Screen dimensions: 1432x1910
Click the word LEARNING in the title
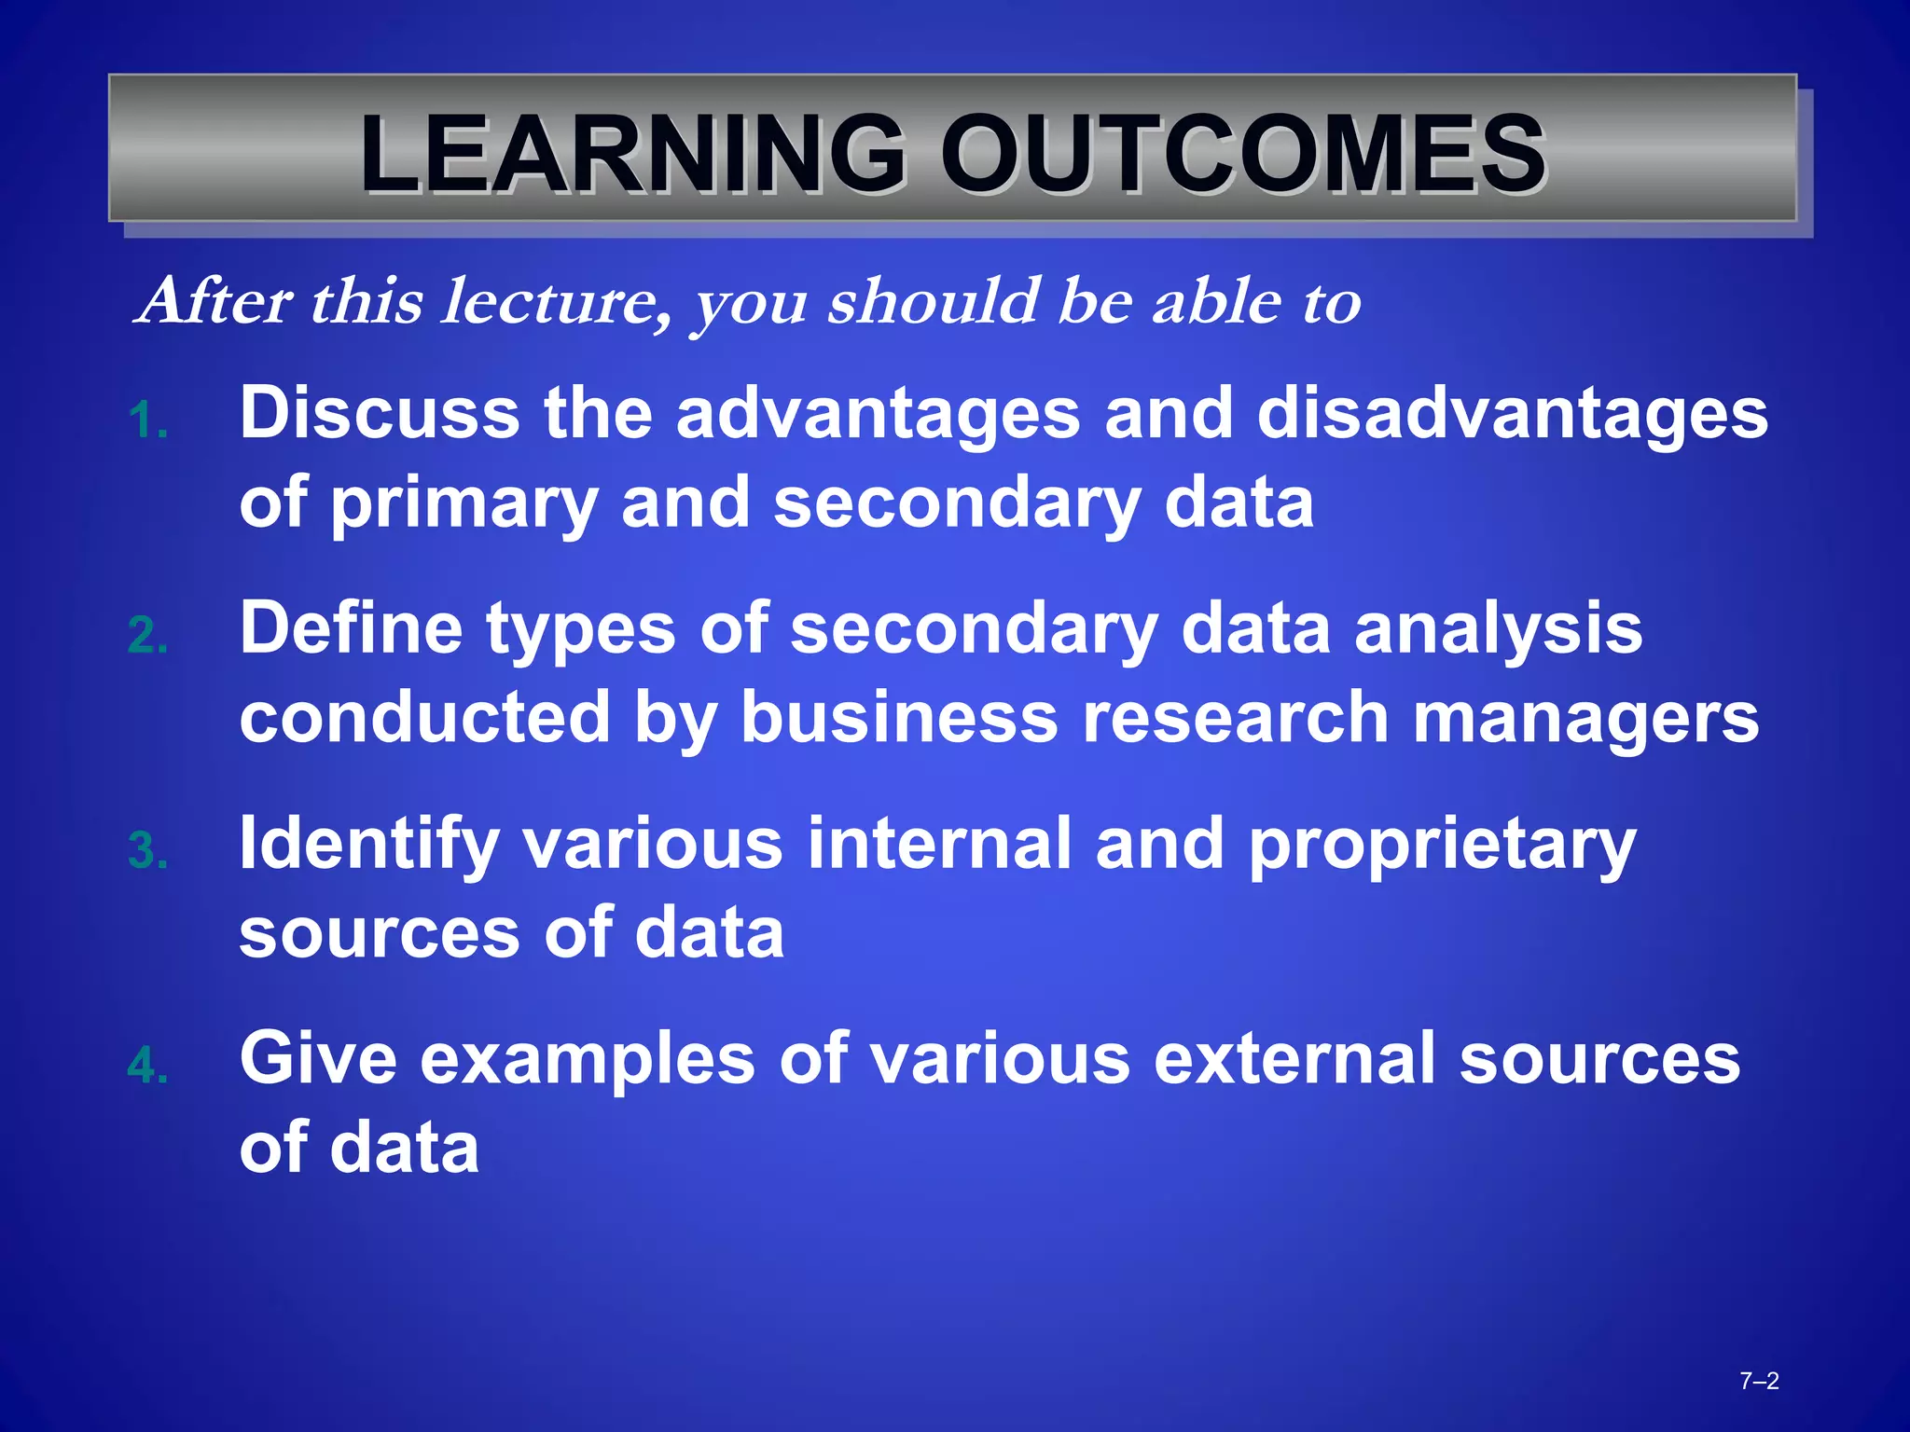click(x=632, y=154)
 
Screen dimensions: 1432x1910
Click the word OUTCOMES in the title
click(x=1243, y=154)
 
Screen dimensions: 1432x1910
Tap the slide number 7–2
click(x=1759, y=1381)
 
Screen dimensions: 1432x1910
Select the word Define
click(x=351, y=627)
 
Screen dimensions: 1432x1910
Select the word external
click(x=1294, y=1058)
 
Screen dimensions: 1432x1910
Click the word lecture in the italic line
click(x=555, y=302)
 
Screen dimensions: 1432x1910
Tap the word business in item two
click(x=899, y=717)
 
